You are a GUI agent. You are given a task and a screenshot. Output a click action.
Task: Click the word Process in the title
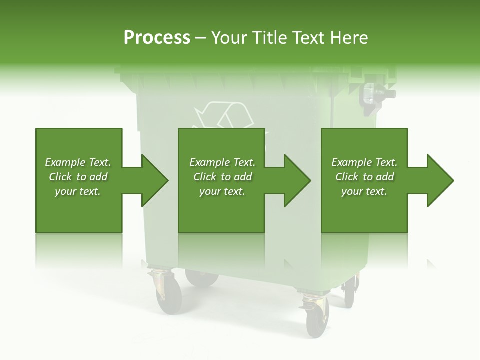pos(157,38)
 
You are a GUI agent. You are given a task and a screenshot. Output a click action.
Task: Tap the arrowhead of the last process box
pos(439,180)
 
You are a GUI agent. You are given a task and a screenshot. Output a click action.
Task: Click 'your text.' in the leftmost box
pos(78,191)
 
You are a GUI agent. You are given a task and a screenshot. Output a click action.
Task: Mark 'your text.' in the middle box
pos(222,191)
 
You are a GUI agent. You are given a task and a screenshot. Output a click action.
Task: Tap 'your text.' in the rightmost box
pos(364,191)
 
